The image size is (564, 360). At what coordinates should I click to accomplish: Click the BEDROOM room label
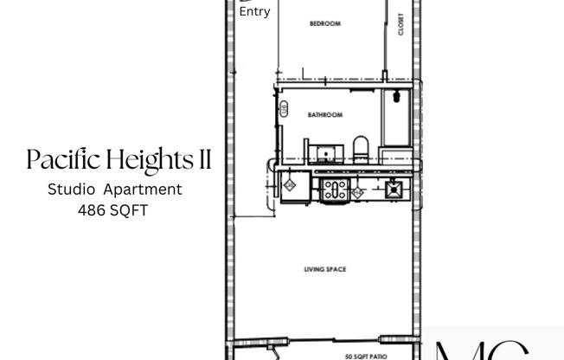point(325,23)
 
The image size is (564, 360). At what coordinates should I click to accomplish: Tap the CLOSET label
point(401,27)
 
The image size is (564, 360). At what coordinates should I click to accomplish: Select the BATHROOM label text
point(325,114)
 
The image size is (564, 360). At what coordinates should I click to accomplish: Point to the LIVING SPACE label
point(325,269)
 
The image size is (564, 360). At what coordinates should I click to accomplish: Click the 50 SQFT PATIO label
point(365,356)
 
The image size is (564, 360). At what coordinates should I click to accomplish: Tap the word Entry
point(254,12)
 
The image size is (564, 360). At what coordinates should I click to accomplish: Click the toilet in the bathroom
point(362,149)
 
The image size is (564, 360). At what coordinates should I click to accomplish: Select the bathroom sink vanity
point(327,154)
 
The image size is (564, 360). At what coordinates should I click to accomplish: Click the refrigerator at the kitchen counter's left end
point(290,185)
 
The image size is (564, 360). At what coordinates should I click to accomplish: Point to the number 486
point(90,209)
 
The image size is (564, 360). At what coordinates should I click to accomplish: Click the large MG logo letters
point(480,350)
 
